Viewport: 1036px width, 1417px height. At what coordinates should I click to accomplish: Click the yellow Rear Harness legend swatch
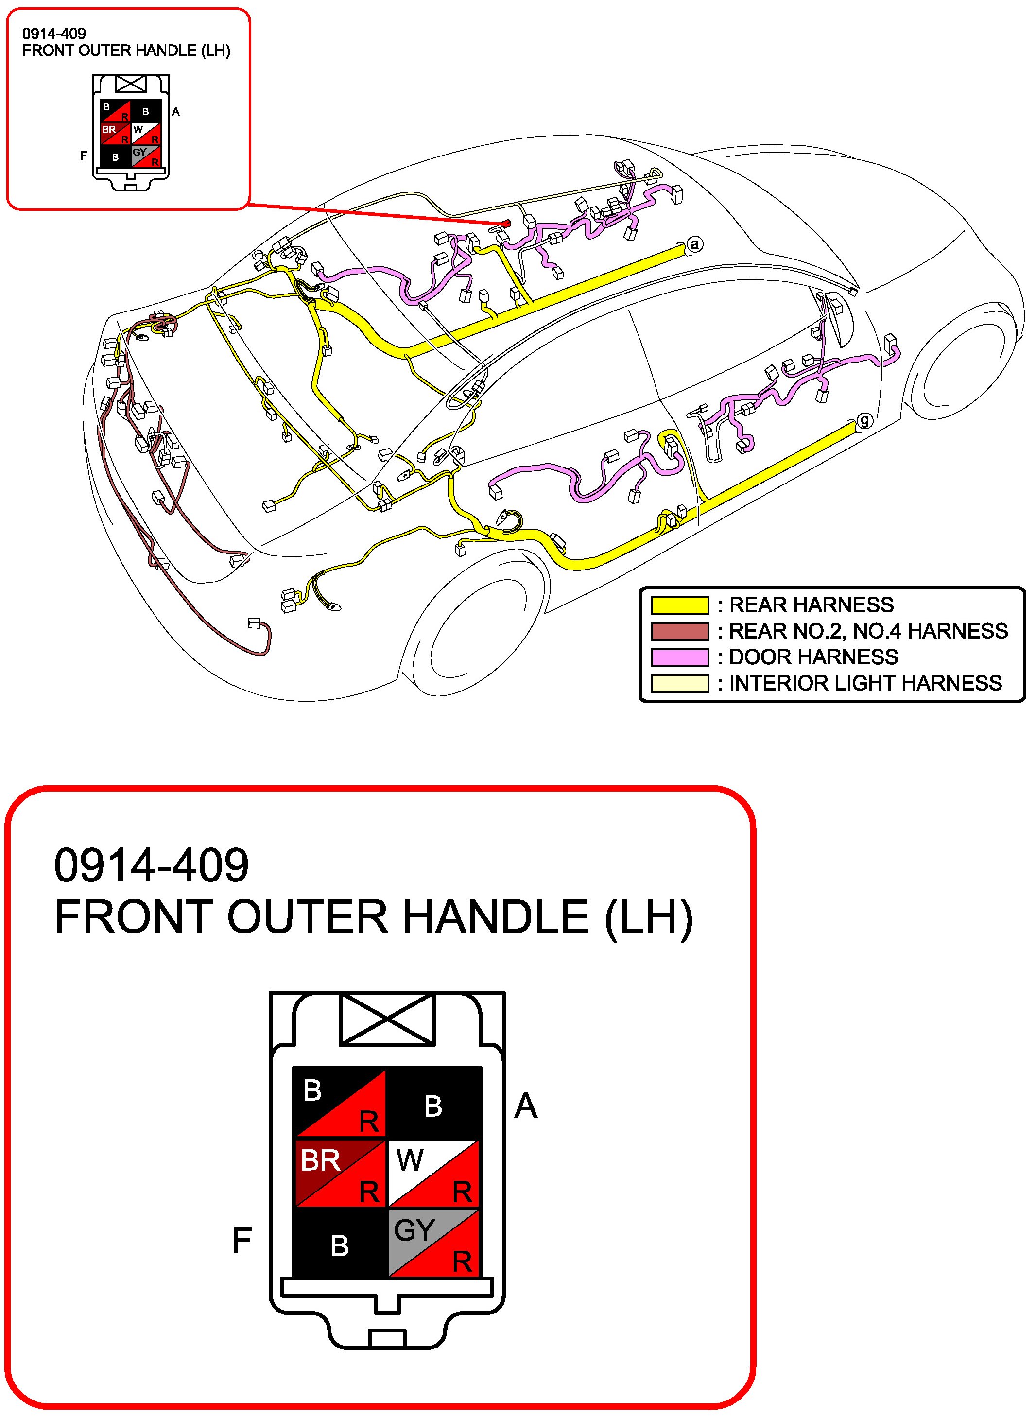pos(680,605)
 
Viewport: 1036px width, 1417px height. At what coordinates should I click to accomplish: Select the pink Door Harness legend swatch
pos(680,657)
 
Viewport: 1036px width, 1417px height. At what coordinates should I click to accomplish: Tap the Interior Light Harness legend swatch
pos(680,683)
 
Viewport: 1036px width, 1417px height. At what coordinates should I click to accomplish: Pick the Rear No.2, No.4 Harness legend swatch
pos(680,631)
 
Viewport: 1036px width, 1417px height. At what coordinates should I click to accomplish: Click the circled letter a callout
pos(694,244)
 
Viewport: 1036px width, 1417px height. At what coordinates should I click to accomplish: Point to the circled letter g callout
pos(864,420)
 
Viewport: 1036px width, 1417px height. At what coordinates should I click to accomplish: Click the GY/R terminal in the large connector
pos(434,1244)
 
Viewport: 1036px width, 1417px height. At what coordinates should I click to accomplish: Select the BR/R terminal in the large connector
pos(340,1173)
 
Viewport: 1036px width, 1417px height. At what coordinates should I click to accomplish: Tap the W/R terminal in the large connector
pos(434,1173)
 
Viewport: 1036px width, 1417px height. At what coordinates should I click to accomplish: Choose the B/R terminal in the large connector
pos(340,1102)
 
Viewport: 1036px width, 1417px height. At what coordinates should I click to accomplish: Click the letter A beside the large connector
pos(525,1106)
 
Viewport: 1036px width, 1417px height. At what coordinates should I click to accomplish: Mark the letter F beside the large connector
pos(242,1240)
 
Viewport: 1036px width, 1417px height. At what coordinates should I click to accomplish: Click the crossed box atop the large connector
pos(387,1019)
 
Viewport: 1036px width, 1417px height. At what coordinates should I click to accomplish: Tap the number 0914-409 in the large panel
pos(152,865)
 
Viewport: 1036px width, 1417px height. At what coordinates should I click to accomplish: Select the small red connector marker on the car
pos(505,223)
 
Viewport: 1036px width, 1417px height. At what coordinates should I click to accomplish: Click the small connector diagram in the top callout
pos(131,132)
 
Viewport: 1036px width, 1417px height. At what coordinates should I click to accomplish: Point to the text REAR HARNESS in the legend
pos(811,605)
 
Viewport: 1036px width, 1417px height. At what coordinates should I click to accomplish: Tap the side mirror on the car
pos(839,320)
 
